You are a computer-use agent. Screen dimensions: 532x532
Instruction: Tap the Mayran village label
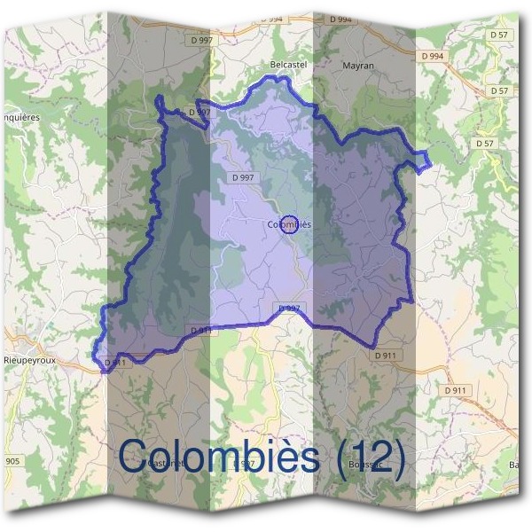click(358, 65)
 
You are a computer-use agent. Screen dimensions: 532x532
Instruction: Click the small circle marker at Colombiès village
click(287, 223)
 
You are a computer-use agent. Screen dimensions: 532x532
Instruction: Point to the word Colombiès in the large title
click(218, 457)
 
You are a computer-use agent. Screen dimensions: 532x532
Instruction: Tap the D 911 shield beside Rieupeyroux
click(114, 363)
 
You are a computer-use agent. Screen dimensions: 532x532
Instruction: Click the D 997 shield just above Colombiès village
click(242, 177)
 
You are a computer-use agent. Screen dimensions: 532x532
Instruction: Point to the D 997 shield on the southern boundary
click(289, 308)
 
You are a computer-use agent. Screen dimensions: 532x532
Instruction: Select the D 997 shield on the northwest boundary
click(199, 113)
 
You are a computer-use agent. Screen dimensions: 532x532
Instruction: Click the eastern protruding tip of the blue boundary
click(429, 160)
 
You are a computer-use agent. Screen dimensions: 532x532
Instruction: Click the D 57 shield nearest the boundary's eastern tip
click(484, 143)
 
